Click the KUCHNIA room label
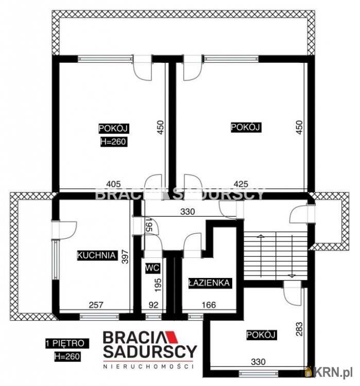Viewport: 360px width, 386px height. [96, 255]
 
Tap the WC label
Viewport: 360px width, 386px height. [151, 268]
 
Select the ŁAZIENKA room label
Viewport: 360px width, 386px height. [208, 283]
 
